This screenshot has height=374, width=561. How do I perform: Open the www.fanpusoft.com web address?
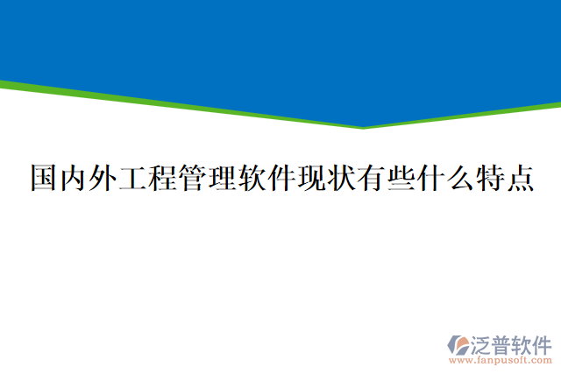coord(501,360)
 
